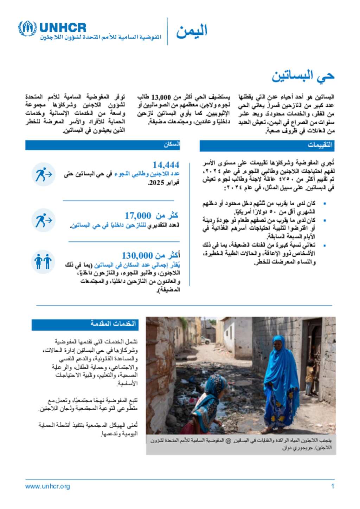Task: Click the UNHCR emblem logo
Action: point(27,29)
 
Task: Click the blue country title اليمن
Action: point(192,32)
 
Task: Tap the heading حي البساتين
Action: point(303,76)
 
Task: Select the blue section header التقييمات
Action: point(320,145)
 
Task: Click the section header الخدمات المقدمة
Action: point(113,324)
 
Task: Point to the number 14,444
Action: point(166,165)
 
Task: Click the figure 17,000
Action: point(138,215)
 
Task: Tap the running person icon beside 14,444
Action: point(43,174)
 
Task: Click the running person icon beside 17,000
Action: point(43,220)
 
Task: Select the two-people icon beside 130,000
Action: point(43,262)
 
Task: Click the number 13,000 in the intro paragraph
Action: point(161,97)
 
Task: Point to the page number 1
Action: point(332,487)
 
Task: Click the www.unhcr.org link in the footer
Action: point(47,487)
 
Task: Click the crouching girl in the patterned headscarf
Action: point(207,404)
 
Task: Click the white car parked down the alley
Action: point(205,340)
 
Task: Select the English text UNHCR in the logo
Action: point(63,27)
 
